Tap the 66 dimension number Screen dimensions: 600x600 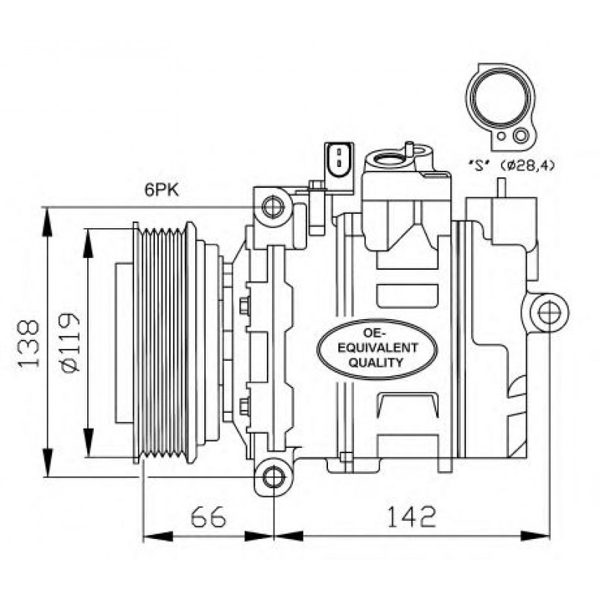(x=207, y=516)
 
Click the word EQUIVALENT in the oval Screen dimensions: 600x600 (x=369, y=348)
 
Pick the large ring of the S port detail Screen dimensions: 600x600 (x=501, y=101)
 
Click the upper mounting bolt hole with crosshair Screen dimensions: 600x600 (x=274, y=205)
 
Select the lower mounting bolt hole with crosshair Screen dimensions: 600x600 (x=274, y=476)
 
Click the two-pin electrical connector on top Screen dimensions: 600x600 (x=337, y=159)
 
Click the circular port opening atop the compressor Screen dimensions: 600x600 (x=388, y=157)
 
